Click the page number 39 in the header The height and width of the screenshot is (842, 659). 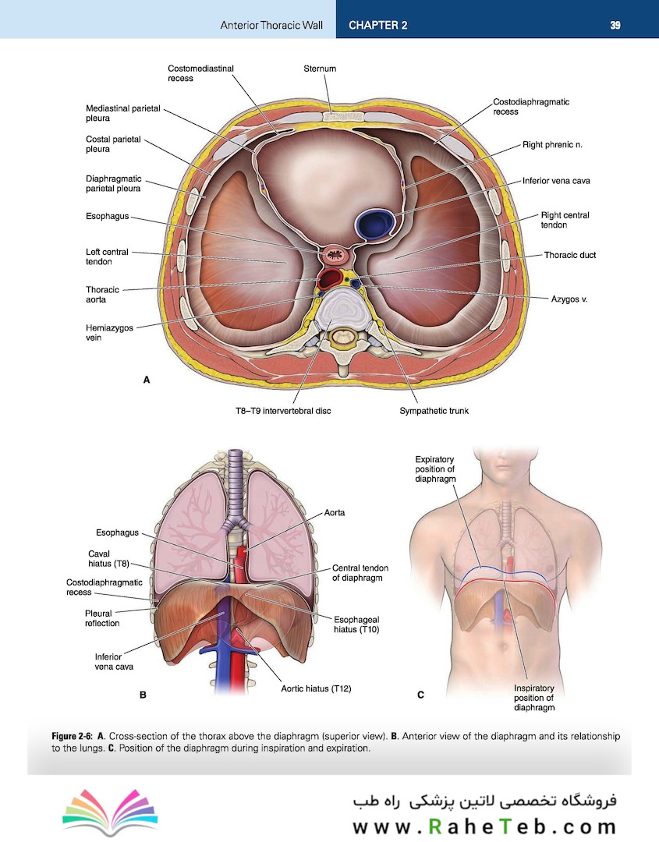pos(615,25)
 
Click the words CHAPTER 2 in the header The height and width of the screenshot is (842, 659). pos(377,25)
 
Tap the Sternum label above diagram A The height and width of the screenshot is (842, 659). pos(320,69)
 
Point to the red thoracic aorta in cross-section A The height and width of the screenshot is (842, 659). pos(331,278)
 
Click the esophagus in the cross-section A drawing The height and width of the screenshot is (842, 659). pos(336,254)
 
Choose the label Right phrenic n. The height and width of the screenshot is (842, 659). pos(552,144)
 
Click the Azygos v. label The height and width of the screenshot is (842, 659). pos(569,299)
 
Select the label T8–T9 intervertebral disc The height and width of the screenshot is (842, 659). pos(283,411)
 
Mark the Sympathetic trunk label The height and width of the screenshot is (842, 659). pos(434,411)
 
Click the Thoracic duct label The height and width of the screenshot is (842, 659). pos(570,255)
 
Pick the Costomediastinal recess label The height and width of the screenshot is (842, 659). pos(200,73)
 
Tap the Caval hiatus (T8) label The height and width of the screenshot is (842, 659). pos(108,558)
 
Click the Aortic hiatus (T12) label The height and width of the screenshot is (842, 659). pos(316,688)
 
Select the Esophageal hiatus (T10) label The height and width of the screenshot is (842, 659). pos(356,624)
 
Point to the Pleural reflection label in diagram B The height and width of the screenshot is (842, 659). pos(102,618)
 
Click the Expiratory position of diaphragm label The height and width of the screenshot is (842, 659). pos(435,469)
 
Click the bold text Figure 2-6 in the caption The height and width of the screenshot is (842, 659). pos(72,736)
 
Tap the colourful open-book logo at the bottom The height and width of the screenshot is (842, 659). pos(110,812)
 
